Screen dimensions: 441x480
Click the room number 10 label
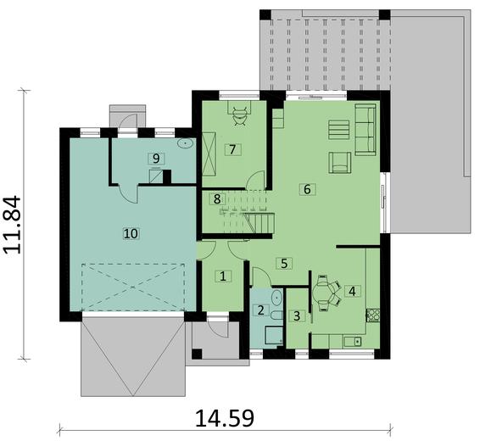tap(129, 231)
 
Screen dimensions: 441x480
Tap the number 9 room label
tap(154, 159)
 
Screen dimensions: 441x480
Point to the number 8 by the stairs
tap(218, 199)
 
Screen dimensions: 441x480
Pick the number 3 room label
tap(296, 315)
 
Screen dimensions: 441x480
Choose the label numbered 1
tap(222, 276)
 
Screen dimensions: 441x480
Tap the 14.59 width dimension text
tap(225, 419)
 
